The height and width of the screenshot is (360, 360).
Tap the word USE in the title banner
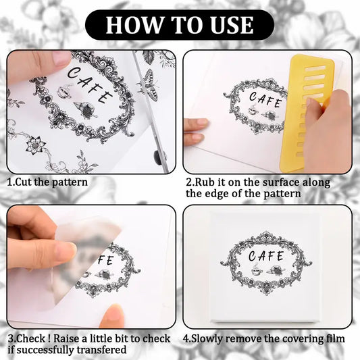[232, 25]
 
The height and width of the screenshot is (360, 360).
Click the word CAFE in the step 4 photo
[266, 256]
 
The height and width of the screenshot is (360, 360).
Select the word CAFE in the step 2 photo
[265, 100]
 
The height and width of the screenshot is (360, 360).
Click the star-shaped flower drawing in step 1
[36, 145]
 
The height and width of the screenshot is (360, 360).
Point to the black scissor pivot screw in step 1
[158, 157]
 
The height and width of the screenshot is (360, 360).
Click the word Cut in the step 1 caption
[24, 182]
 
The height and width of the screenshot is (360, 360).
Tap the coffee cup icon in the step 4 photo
[256, 270]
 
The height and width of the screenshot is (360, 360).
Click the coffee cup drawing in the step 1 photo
[65, 92]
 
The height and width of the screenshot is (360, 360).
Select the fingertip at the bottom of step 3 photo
[112, 315]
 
